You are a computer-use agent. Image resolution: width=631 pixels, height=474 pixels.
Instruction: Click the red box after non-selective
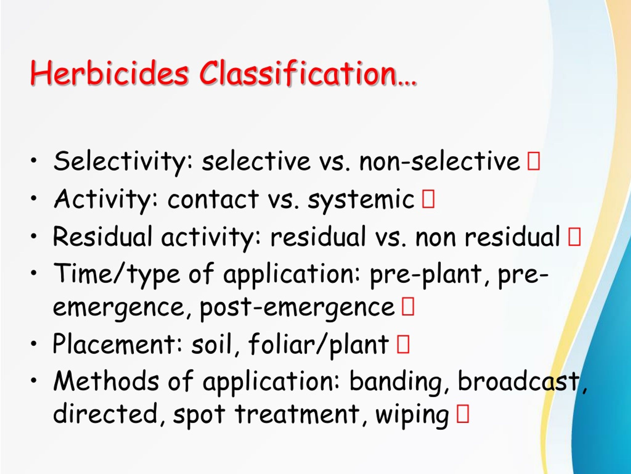tap(534, 161)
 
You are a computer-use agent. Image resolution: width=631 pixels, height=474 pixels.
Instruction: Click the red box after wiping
tap(463, 414)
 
